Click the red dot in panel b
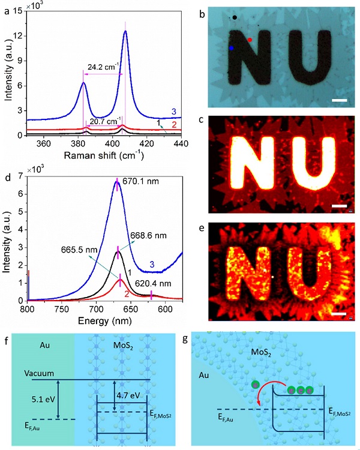coord(250,40)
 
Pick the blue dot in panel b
coord(231,47)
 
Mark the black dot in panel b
coord(236,17)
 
